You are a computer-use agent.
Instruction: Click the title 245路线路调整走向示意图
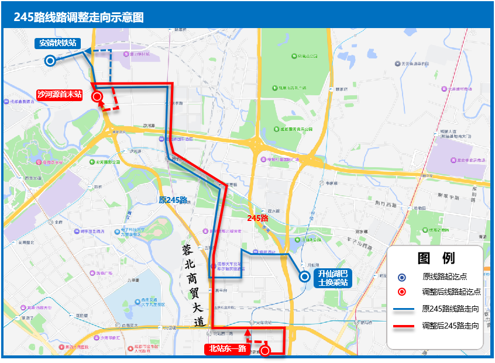[x=79, y=17]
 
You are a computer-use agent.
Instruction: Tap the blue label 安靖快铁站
[x=57, y=43]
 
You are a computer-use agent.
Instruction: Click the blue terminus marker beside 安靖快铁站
[x=50, y=60]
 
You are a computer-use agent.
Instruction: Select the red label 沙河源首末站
[x=59, y=93]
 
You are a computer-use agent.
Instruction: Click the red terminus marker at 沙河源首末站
[x=97, y=97]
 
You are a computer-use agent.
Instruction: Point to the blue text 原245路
[x=173, y=200]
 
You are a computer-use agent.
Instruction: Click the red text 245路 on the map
[x=257, y=218]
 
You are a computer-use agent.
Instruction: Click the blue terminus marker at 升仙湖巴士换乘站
[x=304, y=277]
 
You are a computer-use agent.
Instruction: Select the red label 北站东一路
[x=227, y=350]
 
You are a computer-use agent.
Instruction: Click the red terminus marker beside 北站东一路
[x=265, y=350]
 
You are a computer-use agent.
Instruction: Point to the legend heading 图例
[x=436, y=258]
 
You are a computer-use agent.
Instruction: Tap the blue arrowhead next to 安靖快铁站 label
[x=86, y=51]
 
